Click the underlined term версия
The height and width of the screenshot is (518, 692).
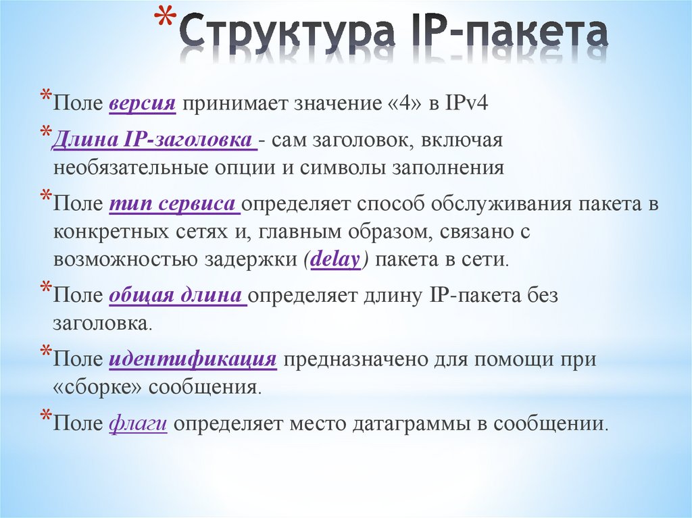(x=142, y=105)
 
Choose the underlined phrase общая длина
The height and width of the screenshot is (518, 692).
(x=178, y=296)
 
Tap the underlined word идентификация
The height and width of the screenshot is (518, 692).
(x=193, y=359)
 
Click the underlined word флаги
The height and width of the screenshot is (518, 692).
(x=138, y=424)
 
